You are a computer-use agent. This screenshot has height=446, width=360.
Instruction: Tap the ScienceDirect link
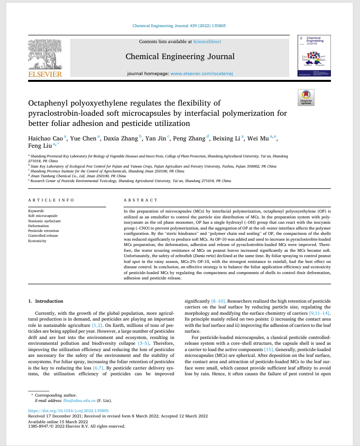(207, 42)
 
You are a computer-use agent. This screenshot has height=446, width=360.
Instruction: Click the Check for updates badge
(306, 98)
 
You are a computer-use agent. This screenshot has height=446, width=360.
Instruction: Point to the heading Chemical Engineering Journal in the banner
(180, 56)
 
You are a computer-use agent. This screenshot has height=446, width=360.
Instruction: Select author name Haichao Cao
(46, 138)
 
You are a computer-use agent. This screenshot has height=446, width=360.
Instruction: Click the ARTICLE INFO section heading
(51, 200)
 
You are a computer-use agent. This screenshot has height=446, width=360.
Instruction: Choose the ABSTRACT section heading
(141, 200)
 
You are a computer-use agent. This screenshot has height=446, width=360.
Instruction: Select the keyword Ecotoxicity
(38, 241)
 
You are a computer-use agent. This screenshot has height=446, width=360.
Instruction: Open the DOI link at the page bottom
(65, 411)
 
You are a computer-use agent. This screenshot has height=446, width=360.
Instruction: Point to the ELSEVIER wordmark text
(45, 74)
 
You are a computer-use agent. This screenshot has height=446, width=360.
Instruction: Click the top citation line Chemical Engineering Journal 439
(179, 26)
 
